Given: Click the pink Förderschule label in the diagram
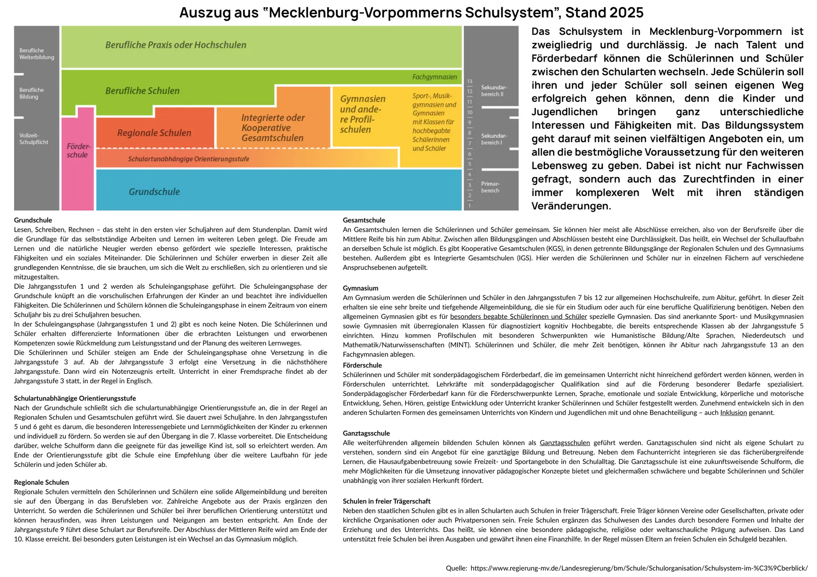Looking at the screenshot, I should (78, 151).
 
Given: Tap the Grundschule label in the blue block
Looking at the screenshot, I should (154, 192).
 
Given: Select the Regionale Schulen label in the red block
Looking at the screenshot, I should (154, 133).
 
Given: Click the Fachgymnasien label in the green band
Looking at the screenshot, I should (434, 77).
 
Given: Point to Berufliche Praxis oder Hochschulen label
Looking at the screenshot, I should (176, 45).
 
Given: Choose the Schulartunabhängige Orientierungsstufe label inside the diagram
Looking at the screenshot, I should (189, 159).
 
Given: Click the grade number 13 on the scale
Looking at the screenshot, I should (470, 81).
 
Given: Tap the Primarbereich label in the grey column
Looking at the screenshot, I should (490, 187).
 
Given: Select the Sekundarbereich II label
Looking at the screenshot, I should (494, 91).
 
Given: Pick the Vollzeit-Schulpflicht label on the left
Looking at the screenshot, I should (34, 139).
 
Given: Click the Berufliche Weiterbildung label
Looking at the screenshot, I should (37, 54).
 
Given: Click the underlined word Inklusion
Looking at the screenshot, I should (733, 412).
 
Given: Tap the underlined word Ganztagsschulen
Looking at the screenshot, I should (565, 443).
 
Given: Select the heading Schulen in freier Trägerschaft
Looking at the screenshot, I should (386, 501).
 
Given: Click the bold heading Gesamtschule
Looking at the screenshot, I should (364, 220).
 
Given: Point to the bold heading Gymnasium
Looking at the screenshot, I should (360, 288).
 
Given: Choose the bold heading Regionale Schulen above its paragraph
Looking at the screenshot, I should (41, 482).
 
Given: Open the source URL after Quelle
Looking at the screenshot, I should (639, 568).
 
